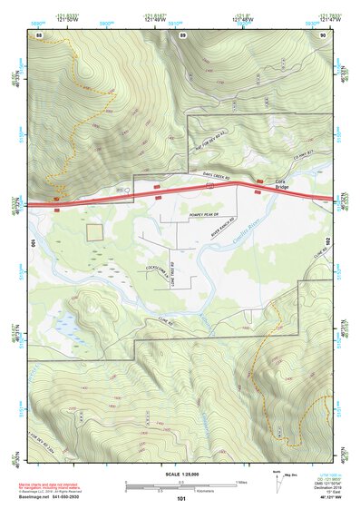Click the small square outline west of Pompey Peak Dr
point(95,231)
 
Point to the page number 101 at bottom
point(181,499)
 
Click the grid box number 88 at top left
point(40,34)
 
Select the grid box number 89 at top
point(182,34)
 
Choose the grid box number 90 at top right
point(323,34)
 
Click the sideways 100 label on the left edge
point(34,243)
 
